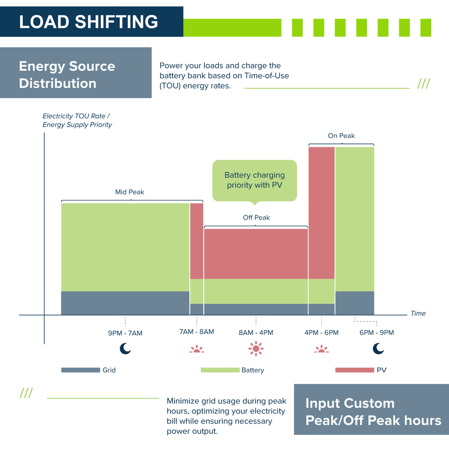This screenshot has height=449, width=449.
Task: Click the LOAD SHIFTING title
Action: click(89, 21)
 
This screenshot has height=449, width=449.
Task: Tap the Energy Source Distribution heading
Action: click(67, 75)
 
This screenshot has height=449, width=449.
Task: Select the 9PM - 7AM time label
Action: click(125, 333)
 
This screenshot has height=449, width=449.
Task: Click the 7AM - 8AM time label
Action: click(196, 331)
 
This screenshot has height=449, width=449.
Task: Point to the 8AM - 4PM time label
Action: click(256, 332)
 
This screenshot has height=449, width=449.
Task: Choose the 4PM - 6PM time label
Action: click(321, 332)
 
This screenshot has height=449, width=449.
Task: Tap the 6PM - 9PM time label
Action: click(377, 332)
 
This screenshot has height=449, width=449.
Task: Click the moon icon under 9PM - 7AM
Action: click(125, 349)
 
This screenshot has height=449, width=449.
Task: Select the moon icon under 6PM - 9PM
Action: click(378, 349)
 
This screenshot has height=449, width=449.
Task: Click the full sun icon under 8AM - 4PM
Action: click(256, 349)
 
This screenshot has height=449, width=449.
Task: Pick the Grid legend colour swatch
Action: click(81, 370)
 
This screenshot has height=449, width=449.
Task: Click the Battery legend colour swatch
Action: click(220, 370)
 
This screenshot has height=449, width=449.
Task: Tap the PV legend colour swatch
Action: click(354, 370)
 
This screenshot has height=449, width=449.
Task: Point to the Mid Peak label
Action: click(129, 192)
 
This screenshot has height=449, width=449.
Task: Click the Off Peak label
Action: click(257, 217)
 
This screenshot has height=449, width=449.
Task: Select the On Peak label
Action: click(341, 135)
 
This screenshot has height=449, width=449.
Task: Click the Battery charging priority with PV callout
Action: click(254, 180)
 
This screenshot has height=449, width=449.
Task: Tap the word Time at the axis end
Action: click(418, 313)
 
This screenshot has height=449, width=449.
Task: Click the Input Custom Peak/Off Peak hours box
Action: click(371, 412)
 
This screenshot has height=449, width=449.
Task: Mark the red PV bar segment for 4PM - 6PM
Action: click(321, 213)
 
